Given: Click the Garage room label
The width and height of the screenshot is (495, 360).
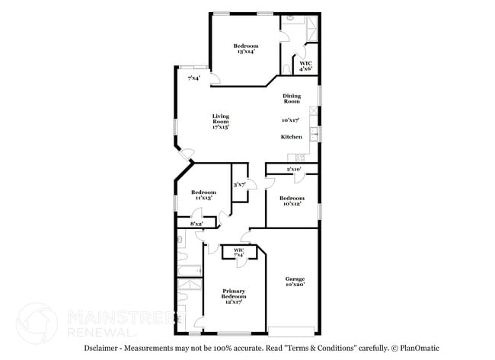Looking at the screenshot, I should click(x=294, y=281).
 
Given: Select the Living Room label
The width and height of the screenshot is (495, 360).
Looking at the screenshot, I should click(x=221, y=122).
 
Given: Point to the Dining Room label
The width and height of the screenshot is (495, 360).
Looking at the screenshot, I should click(x=292, y=98).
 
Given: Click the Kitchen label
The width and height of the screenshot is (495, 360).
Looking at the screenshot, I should click(x=292, y=137).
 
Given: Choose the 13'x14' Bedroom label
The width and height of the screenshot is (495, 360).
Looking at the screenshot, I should click(x=245, y=49).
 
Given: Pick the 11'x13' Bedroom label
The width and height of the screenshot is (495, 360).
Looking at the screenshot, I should click(x=202, y=195).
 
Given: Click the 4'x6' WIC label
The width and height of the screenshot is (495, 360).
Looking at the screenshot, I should click(x=305, y=66).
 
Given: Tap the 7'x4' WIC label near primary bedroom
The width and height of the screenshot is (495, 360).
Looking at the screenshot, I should click(x=238, y=252).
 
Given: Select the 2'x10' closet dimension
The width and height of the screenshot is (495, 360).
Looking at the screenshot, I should click(x=293, y=169).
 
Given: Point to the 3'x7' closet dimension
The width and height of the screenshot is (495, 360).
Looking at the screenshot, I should click(x=238, y=184).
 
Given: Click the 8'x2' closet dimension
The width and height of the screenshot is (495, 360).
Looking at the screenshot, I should click(x=196, y=224).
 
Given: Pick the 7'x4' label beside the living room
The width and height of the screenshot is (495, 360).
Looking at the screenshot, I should click(x=194, y=78).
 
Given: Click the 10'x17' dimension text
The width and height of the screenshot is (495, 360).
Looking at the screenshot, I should click(x=290, y=120).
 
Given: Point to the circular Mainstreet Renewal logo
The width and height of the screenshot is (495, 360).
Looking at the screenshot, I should click(x=37, y=323).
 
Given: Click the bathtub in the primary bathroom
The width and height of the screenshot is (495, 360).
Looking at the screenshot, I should click(x=188, y=270).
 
